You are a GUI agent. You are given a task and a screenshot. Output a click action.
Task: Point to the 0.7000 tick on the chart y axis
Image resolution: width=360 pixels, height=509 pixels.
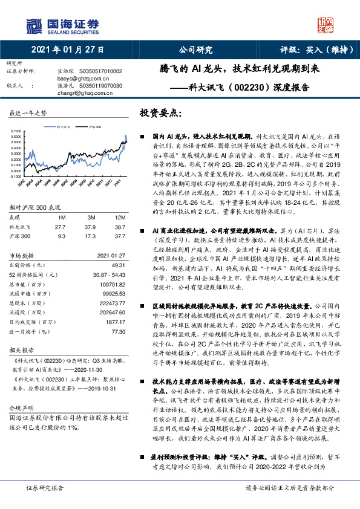(x=16, y=131)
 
